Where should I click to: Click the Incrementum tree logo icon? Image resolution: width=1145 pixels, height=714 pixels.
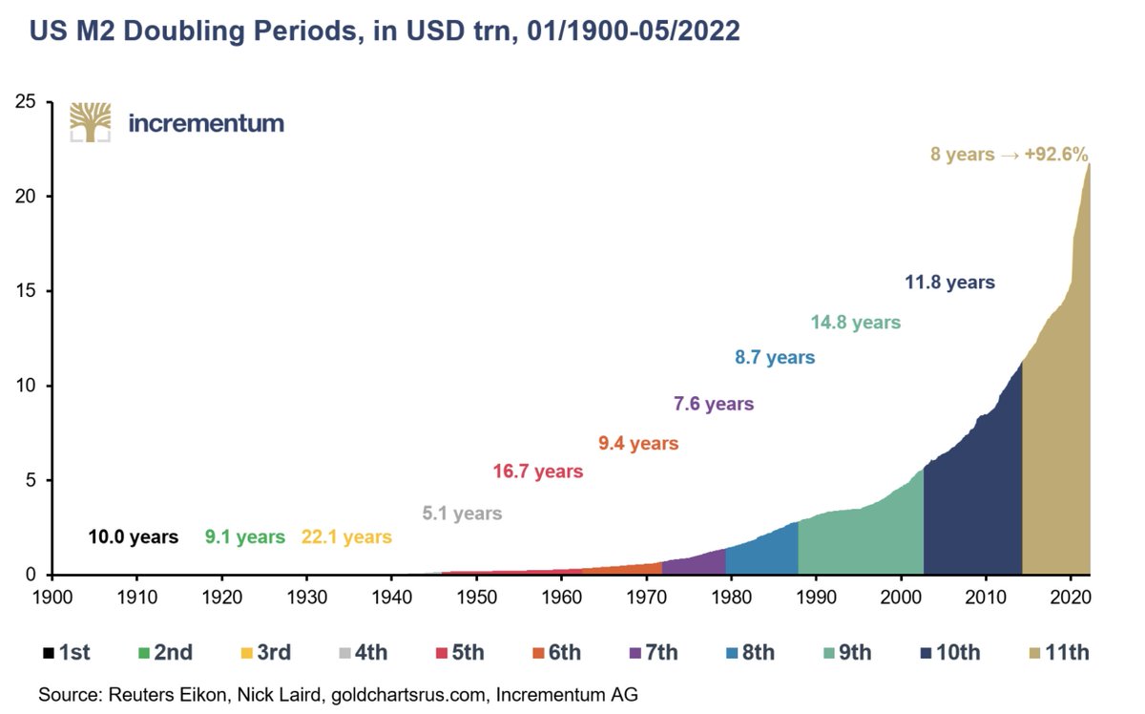(x=90, y=122)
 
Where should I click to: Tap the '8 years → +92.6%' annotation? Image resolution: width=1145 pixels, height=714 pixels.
(x=1010, y=154)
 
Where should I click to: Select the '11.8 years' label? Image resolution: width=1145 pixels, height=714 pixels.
(x=949, y=283)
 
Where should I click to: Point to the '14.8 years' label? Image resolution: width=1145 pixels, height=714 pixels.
(x=855, y=323)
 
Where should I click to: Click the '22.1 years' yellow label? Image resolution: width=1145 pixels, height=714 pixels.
(x=345, y=537)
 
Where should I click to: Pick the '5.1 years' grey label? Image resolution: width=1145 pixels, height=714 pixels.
(x=462, y=514)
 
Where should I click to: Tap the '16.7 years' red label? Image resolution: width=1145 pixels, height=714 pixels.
(x=537, y=472)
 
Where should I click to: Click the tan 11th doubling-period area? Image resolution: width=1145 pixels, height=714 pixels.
(x=1054, y=458)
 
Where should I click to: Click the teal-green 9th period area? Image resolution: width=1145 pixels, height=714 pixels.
(x=859, y=544)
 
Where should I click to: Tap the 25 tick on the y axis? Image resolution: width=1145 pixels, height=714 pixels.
(x=27, y=102)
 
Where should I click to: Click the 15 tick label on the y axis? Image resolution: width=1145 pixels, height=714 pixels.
(x=27, y=291)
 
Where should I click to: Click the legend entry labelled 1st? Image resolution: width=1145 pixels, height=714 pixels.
(x=66, y=654)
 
